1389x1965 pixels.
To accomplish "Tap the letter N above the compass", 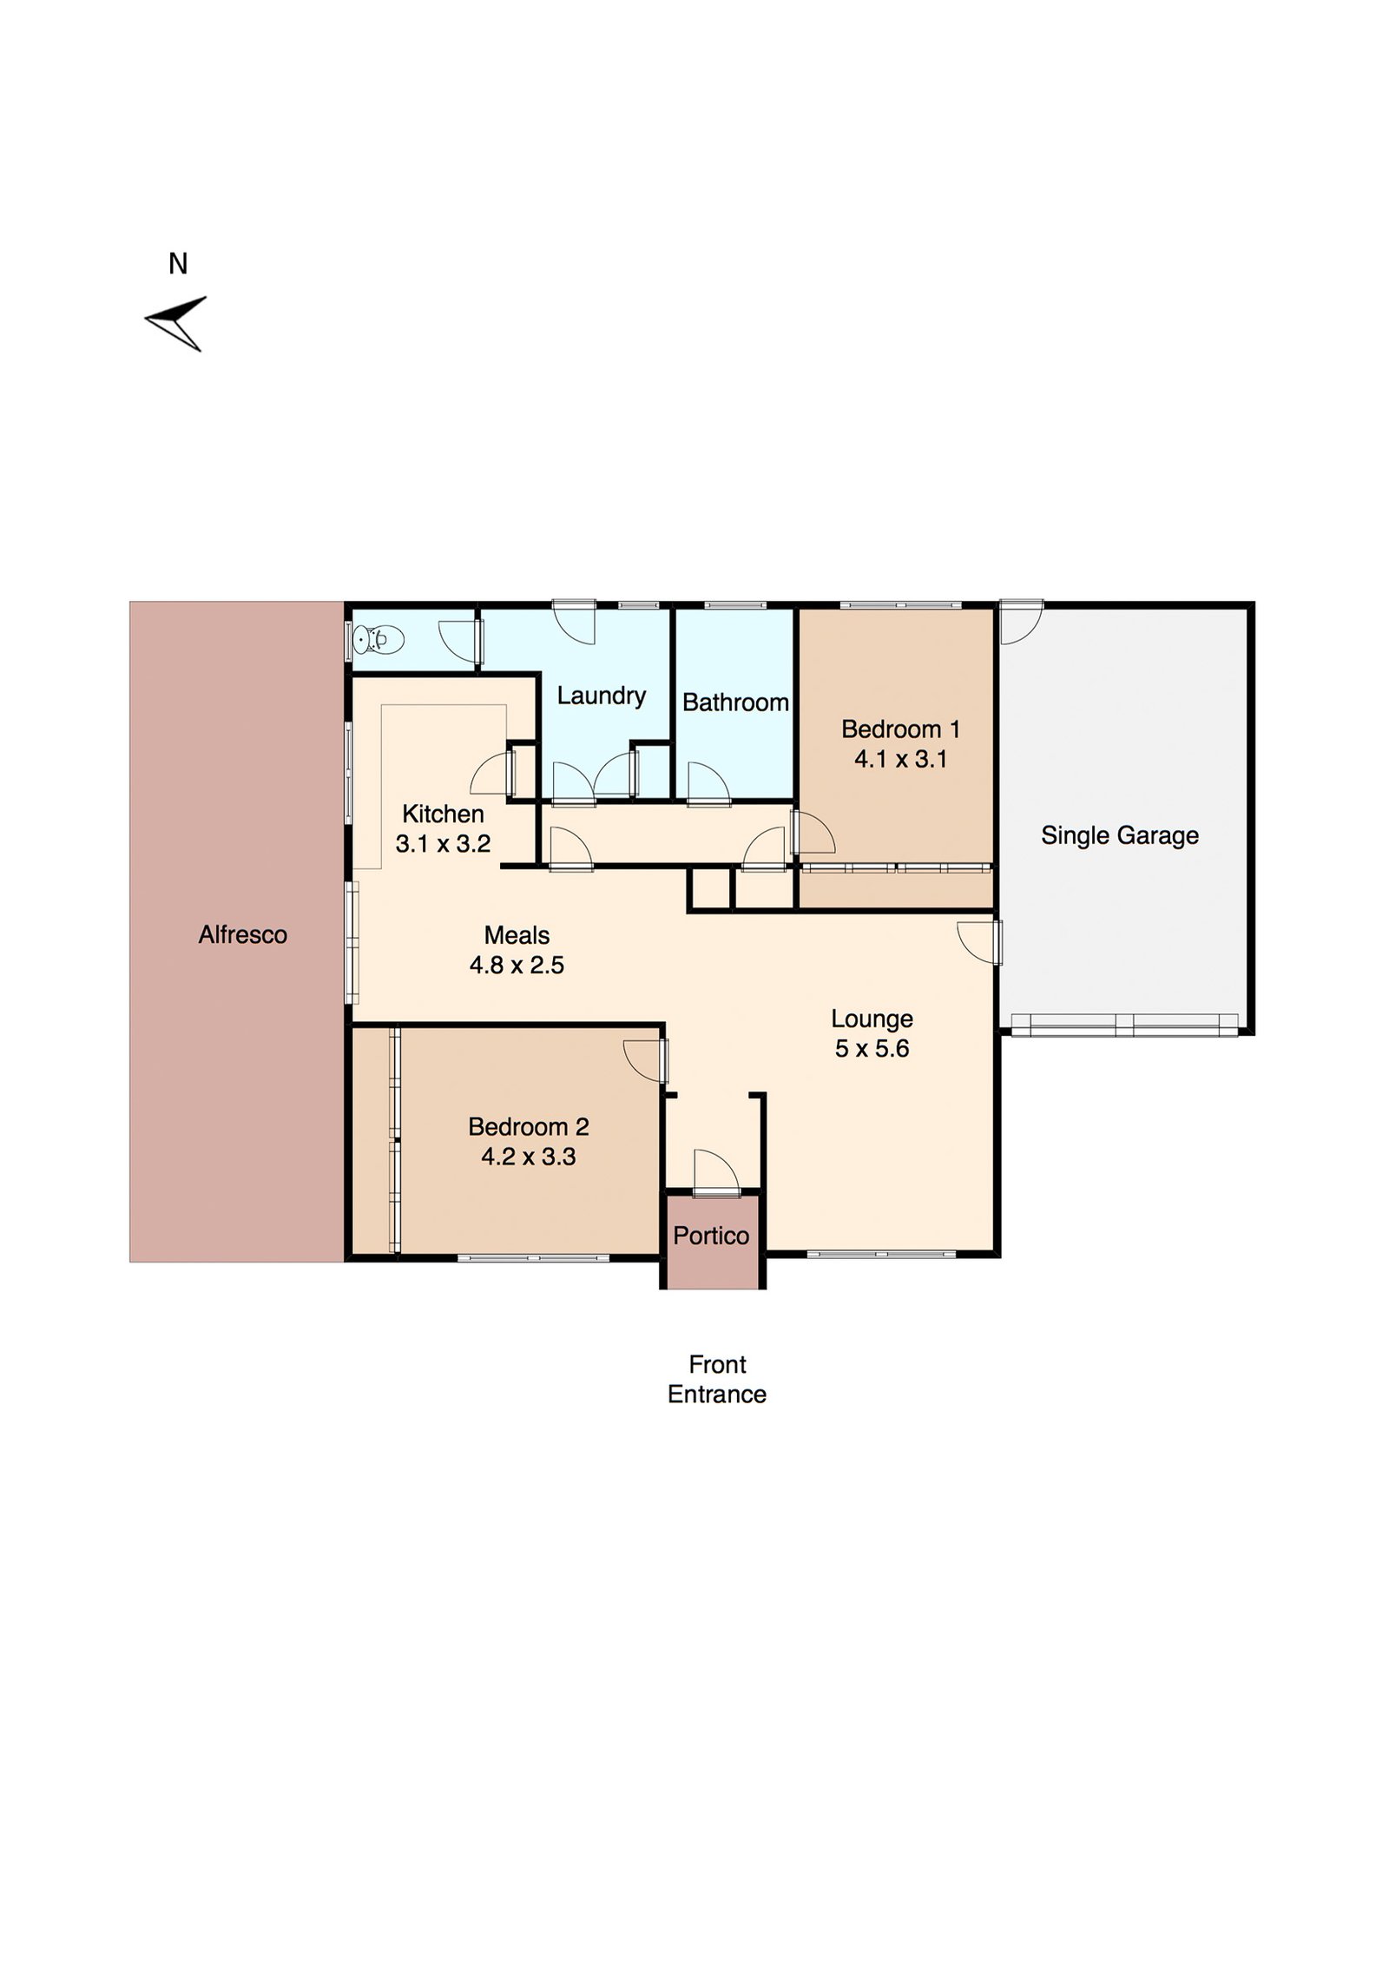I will (x=178, y=264).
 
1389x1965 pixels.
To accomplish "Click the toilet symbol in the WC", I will (x=378, y=640).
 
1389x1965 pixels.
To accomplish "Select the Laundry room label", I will (x=601, y=696).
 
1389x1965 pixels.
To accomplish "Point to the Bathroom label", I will (x=734, y=702).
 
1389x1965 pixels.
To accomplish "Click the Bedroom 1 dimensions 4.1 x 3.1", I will (x=900, y=760).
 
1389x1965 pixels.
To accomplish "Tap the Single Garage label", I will (x=1119, y=835).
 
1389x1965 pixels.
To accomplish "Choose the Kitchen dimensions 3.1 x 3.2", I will (x=443, y=844).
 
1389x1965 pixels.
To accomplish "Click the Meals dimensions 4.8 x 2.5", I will (x=517, y=965).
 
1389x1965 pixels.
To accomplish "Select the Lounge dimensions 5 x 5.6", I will (x=872, y=1048).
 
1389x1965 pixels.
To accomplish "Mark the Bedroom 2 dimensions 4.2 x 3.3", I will (x=528, y=1157).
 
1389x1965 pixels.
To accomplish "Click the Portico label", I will (x=710, y=1236).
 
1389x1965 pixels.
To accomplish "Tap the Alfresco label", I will (x=242, y=934).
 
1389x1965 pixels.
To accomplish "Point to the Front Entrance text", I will (x=716, y=1379).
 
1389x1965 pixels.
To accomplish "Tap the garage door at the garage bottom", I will (x=1124, y=1025).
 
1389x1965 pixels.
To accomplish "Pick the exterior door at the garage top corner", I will (x=1020, y=622).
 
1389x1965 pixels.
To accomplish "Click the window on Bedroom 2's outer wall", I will (x=533, y=1256).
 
